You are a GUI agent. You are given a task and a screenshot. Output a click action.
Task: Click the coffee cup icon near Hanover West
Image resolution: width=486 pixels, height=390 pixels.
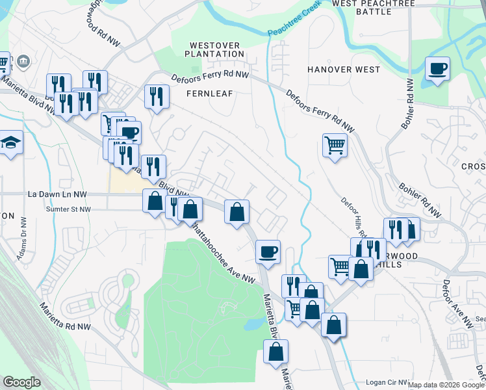(x=437, y=68)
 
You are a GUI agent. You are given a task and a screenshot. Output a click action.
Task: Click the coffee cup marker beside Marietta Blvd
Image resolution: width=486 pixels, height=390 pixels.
(x=267, y=252)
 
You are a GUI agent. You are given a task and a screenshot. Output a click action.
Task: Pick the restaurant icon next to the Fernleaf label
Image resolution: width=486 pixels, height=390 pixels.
(x=157, y=96)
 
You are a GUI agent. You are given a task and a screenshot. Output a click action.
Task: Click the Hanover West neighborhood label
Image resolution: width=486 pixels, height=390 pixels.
(x=344, y=70)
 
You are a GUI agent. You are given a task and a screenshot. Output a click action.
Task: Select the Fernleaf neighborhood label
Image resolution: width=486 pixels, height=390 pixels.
(x=209, y=94)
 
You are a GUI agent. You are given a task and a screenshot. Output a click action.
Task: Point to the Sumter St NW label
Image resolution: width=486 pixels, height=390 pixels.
(x=68, y=209)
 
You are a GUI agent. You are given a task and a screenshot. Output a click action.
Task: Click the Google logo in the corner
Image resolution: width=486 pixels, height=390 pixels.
(x=21, y=382)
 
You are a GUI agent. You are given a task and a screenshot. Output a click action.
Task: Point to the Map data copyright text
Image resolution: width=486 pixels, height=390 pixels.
(x=446, y=385)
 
